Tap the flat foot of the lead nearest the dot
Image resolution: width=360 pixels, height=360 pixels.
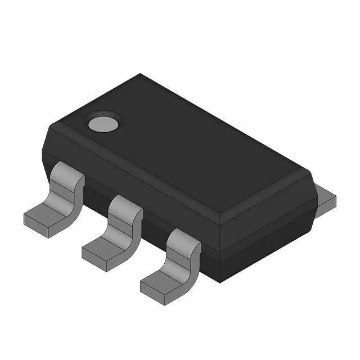[45, 217]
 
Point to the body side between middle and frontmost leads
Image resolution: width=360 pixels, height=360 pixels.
[155, 225]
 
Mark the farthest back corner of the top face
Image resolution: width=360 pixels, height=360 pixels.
[141, 74]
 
